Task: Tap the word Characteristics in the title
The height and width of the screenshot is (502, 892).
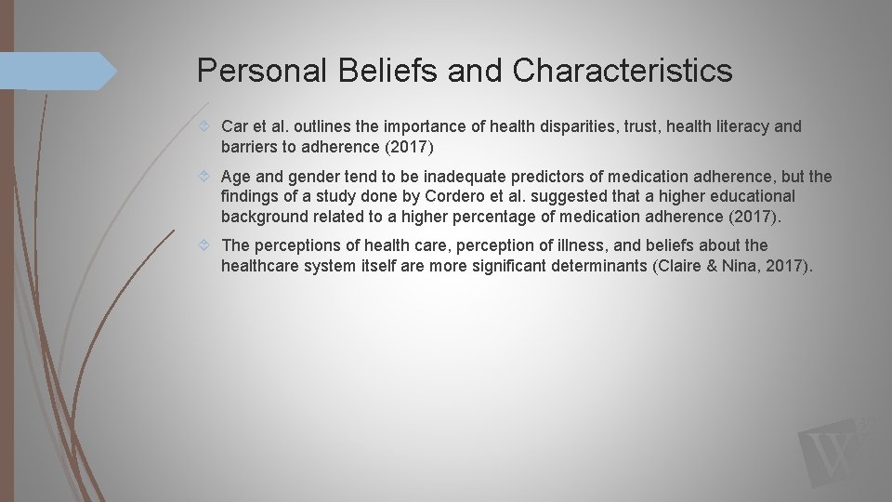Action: (x=622, y=71)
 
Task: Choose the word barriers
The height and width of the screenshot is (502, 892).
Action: (x=250, y=146)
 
